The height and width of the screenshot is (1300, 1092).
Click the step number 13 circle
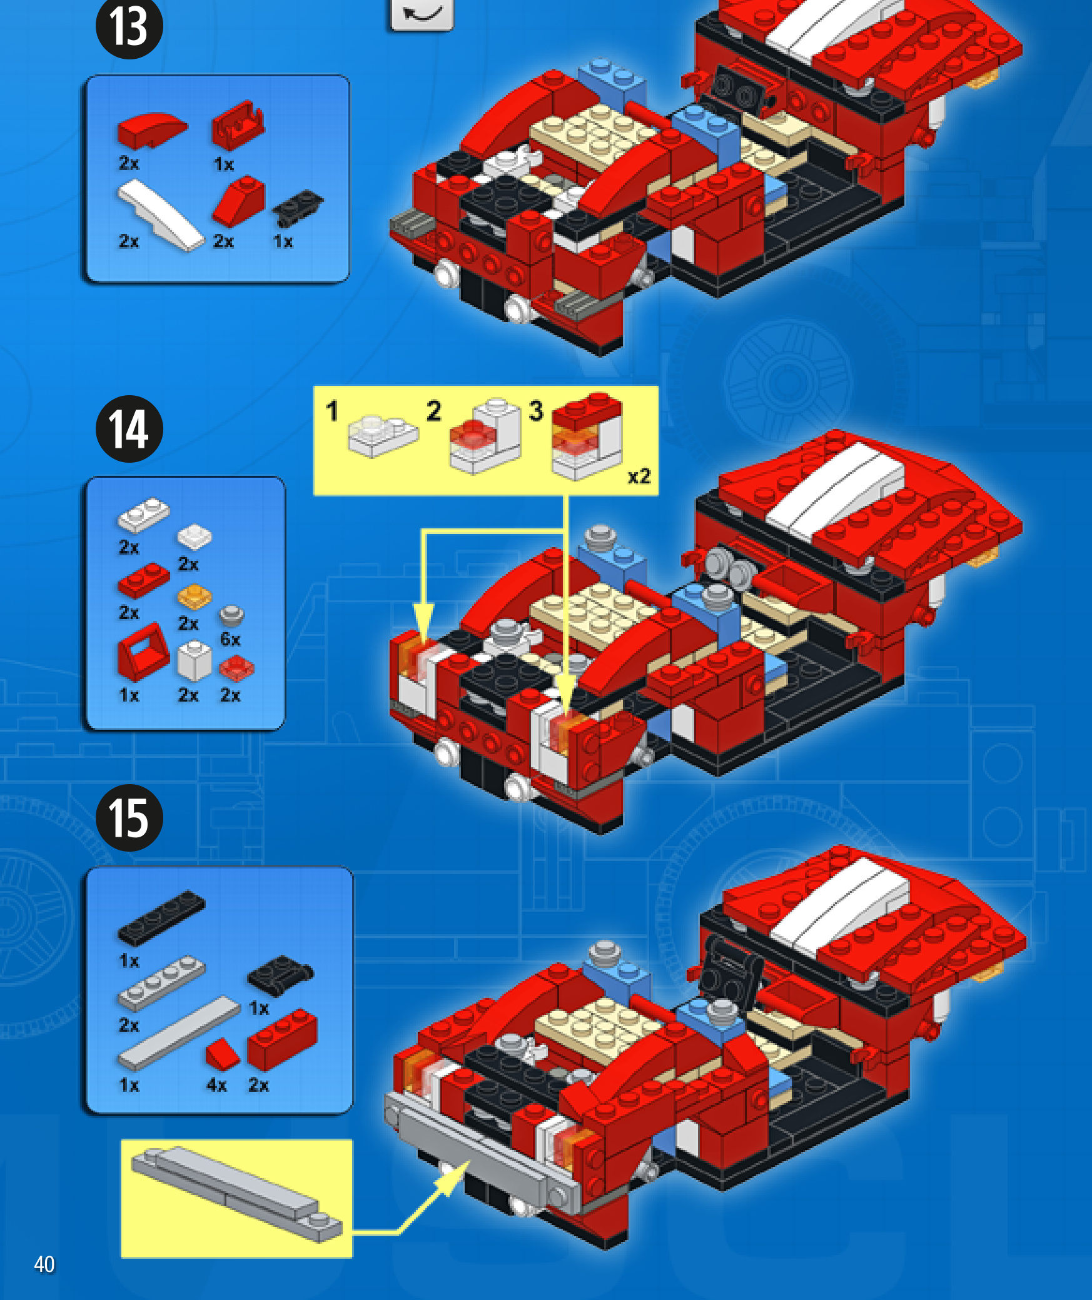[129, 26]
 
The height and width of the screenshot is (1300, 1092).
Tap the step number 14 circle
[129, 429]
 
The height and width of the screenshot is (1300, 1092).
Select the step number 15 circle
[129, 817]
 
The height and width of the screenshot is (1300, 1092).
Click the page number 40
[44, 1264]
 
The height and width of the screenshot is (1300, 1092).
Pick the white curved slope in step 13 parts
[161, 215]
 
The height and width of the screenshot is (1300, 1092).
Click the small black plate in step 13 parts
[298, 207]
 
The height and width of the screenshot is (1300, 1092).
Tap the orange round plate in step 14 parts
[194, 597]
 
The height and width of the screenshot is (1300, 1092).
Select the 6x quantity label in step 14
[230, 639]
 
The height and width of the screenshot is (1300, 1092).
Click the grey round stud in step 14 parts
[231, 615]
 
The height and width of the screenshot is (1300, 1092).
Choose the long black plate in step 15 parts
[161, 917]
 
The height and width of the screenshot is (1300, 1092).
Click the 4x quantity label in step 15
[216, 1085]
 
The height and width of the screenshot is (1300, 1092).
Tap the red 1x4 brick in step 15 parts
[282, 1039]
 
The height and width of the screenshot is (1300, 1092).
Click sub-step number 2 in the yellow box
[434, 411]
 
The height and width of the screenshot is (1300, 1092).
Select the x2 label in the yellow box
[639, 476]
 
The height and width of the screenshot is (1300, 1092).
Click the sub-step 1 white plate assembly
[383, 435]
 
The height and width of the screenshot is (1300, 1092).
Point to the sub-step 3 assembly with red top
[587, 436]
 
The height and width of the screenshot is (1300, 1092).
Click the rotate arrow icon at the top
[422, 13]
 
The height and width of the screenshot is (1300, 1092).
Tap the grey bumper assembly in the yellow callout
[236, 1194]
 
